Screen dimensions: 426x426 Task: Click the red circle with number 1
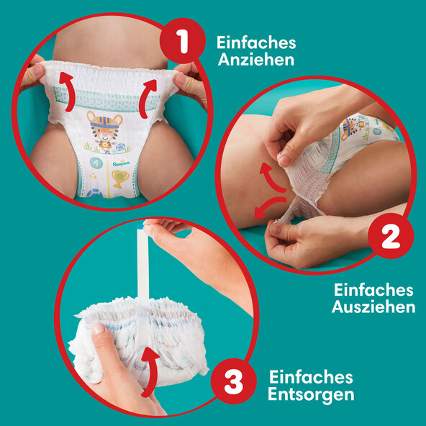coord(183,41)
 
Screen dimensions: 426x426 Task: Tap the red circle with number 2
coord(391,236)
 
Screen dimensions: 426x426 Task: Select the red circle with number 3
coord(234,381)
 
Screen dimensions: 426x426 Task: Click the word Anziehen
coord(256,60)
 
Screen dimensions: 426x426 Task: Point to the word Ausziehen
coord(373,307)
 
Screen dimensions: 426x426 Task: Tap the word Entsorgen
coord(311,394)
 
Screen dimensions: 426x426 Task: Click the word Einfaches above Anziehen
coord(256,43)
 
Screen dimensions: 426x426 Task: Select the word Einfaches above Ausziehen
coord(373,290)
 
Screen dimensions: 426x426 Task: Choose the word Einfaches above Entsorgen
coord(311,377)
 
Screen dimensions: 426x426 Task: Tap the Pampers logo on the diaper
coord(122,163)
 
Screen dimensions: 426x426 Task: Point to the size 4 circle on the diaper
coord(96,163)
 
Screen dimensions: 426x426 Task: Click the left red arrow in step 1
coord(67,91)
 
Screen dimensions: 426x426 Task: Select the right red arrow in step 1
coord(147,99)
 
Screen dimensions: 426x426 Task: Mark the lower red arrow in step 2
coord(269,206)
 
